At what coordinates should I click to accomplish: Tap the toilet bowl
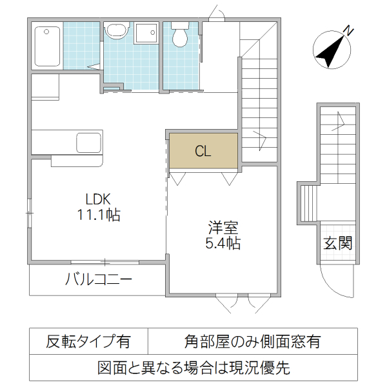coord(179,37)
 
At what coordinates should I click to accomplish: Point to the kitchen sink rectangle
coord(86,141)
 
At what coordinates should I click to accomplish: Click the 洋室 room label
coord(223,228)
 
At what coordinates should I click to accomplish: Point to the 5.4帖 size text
coord(223,244)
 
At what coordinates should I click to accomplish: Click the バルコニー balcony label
coord(98,280)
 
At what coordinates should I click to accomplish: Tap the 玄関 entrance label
coord(337,243)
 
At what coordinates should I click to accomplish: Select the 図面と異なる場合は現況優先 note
coord(193,368)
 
